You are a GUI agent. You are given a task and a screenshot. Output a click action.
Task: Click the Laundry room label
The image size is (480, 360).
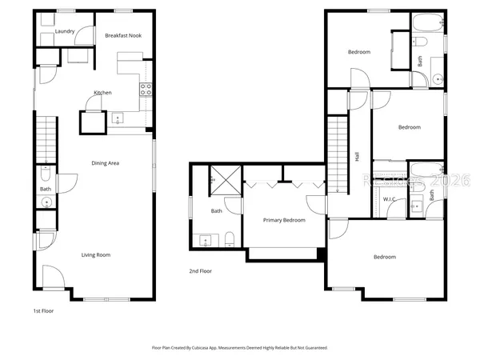[x=66, y=32]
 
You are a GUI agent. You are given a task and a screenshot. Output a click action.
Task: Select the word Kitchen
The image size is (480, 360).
[x=102, y=93]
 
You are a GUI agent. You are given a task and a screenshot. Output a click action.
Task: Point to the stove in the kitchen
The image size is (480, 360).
[x=146, y=90]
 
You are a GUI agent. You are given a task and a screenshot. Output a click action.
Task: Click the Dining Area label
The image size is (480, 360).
[x=105, y=163]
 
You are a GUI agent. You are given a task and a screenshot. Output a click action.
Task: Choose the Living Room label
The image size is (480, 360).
[x=95, y=255]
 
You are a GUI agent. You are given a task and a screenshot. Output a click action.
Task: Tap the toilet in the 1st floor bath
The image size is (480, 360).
[x=45, y=174]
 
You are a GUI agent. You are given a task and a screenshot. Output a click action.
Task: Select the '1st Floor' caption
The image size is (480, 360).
[x=43, y=310]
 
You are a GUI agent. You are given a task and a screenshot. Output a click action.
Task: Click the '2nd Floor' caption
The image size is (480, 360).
[x=201, y=271]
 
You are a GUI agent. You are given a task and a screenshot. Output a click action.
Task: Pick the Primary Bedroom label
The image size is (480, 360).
[x=284, y=220]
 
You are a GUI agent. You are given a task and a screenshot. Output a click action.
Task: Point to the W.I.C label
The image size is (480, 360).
[x=390, y=198]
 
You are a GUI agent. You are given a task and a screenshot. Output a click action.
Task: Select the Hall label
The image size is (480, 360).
[x=357, y=157]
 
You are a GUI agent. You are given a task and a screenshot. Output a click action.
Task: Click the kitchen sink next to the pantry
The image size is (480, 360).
[x=118, y=119]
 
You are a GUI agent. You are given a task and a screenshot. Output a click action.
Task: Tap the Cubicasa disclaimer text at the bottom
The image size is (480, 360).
[x=239, y=348]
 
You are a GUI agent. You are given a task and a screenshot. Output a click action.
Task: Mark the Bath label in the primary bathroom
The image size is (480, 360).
[x=216, y=211]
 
